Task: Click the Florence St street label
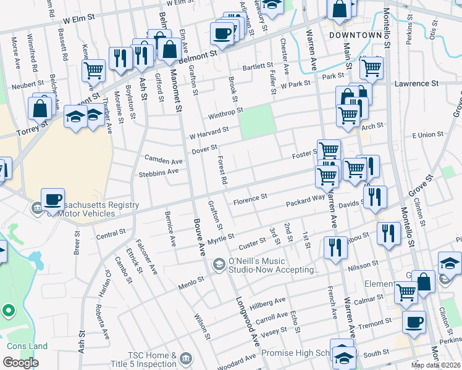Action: click(x=250, y=199)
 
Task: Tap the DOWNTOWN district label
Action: click(x=356, y=35)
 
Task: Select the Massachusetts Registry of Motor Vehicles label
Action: click(x=79, y=209)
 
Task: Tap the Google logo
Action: click(x=20, y=363)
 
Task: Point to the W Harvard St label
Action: click(x=209, y=132)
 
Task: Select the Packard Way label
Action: click(x=305, y=201)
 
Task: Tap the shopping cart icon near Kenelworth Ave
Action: click(x=93, y=70)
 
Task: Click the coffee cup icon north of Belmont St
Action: click(x=222, y=33)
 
